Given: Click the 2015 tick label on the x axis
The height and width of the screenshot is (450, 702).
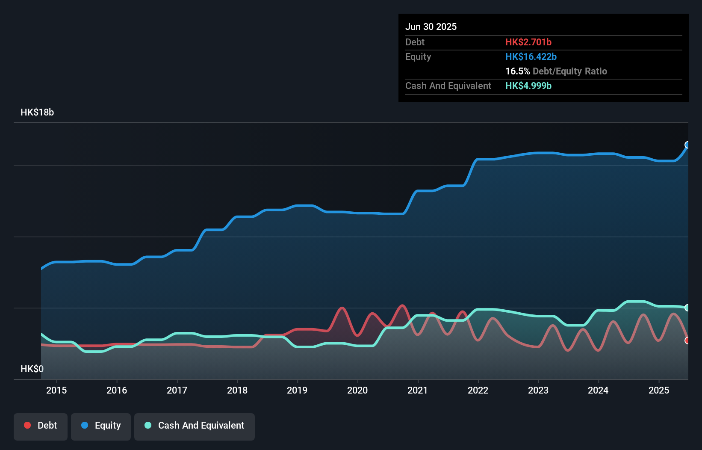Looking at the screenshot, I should [56, 390].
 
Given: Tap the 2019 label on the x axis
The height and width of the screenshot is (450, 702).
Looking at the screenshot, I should [297, 390].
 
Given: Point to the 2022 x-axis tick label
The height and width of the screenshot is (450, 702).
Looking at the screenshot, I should [478, 390].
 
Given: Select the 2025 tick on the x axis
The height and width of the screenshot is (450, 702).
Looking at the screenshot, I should [659, 390].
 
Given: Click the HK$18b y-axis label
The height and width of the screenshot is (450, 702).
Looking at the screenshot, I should [37, 112].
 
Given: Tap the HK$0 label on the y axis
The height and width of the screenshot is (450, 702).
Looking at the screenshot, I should [32, 369].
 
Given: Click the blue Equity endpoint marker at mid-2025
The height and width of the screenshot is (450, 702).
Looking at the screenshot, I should [687, 145].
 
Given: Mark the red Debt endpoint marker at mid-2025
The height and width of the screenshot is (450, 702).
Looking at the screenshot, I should [687, 340].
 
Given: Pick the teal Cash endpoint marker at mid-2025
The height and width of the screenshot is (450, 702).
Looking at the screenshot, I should [687, 308].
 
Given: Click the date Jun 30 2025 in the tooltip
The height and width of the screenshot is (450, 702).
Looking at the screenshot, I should [431, 27].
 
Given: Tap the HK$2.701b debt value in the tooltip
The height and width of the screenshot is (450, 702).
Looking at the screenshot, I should [528, 42].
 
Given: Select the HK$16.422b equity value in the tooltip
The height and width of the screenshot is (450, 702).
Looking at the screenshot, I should [531, 57].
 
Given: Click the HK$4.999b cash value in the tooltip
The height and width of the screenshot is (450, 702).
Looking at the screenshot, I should [528, 86].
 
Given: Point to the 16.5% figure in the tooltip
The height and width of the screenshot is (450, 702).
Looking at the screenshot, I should [517, 71].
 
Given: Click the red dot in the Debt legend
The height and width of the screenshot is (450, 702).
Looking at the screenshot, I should [27, 425].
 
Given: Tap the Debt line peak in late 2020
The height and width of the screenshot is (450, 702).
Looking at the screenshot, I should [402, 306].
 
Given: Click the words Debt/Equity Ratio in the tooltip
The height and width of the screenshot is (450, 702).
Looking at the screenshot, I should [570, 71].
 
